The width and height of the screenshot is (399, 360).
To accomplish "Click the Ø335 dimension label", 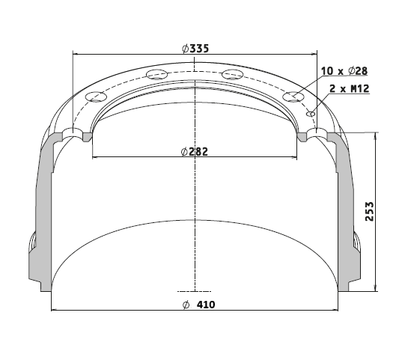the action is click(195, 49).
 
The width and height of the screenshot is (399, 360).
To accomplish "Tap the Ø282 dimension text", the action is click(195, 152).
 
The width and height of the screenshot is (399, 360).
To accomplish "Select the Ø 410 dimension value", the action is click(199, 305).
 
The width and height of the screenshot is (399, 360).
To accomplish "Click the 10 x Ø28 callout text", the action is click(344, 71).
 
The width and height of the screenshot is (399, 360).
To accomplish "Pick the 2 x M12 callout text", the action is click(349, 89).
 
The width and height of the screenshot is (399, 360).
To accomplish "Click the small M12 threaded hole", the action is click(311, 114).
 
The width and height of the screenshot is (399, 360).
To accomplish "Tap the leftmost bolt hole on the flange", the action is click(96, 97).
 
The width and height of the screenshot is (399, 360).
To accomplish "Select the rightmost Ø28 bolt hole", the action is click(293, 97).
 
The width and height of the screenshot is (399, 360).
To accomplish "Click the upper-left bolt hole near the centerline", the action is click(156, 75).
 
